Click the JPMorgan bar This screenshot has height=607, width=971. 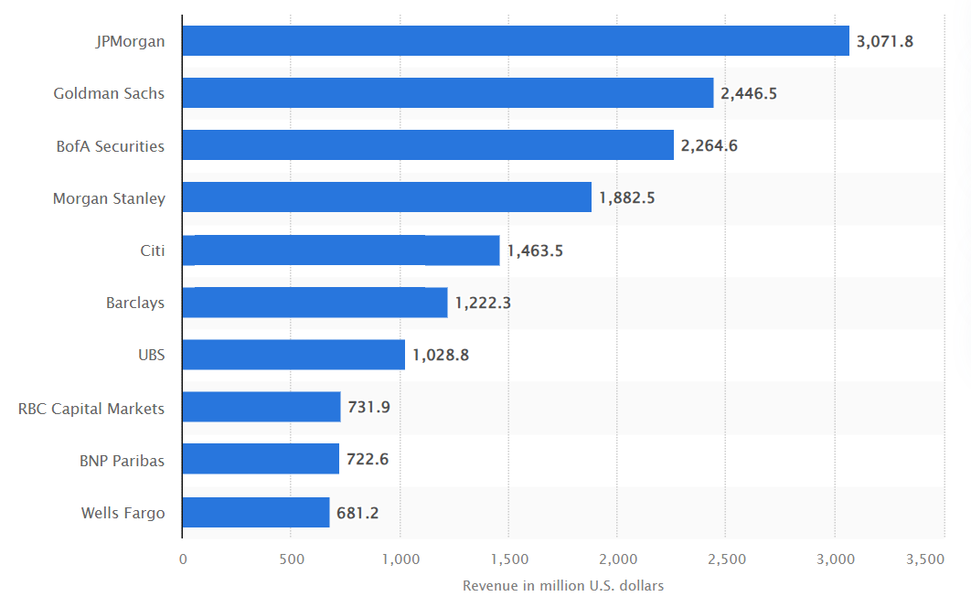pyautogui.click(x=516, y=41)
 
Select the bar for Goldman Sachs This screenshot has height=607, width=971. pyautogui.click(x=448, y=93)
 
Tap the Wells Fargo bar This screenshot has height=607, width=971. pyautogui.click(x=256, y=513)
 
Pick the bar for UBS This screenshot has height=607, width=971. pyautogui.click(x=293, y=355)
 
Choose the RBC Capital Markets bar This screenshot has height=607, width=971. pyautogui.click(x=261, y=407)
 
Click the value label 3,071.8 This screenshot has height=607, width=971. pyautogui.click(x=885, y=41)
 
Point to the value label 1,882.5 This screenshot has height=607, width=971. pyautogui.click(x=627, y=197)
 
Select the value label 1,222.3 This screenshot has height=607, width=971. pyautogui.click(x=483, y=303)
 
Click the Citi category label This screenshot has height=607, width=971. pyautogui.click(x=152, y=250)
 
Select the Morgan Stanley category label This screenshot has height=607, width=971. pyautogui.click(x=109, y=197)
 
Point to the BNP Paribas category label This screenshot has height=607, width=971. pyautogui.click(x=122, y=460)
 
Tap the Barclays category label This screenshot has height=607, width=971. pyautogui.click(x=135, y=303)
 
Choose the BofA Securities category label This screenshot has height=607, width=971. pyautogui.click(x=111, y=145)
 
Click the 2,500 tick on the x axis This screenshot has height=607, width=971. pyautogui.click(x=725, y=559)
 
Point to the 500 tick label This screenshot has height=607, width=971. pyautogui.click(x=291, y=559)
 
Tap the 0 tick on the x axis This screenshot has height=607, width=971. pyautogui.click(x=183, y=559)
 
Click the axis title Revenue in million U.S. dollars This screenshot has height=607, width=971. pyautogui.click(x=563, y=585)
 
